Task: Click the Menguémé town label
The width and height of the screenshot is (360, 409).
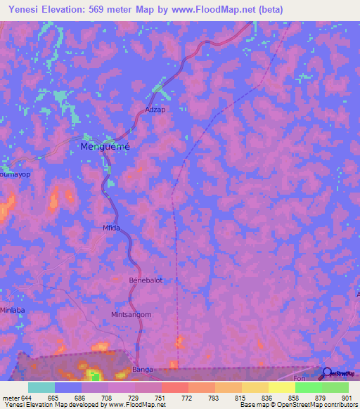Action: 105,147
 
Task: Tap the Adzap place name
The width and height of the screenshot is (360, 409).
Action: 155,110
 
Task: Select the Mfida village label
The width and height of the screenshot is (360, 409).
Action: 112,228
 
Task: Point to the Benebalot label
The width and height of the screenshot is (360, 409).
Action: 146,280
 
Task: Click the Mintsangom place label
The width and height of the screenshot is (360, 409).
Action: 131,315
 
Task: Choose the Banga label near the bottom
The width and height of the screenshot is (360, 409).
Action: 143,369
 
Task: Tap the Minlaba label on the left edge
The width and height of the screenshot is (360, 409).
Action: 12,309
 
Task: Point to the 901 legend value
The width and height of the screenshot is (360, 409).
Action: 347,397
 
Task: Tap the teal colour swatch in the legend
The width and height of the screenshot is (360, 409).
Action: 41,387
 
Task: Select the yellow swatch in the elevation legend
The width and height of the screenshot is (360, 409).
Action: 282,387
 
